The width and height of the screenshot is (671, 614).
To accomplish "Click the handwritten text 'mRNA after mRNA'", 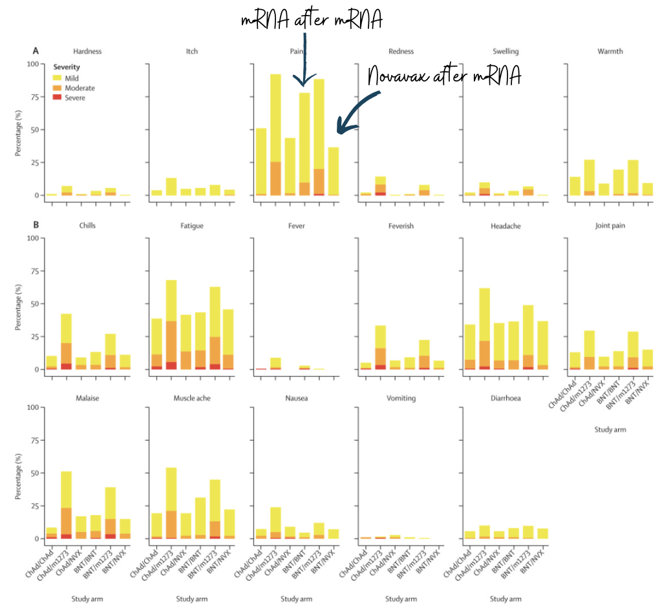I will tap(312, 20).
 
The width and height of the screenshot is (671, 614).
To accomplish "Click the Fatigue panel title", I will tap(192, 226).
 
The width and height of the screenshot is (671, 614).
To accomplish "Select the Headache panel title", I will tap(506, 226).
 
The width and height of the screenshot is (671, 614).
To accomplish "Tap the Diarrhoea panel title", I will tap(506, 398).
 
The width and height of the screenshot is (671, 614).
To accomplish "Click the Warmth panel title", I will tap(610, 52).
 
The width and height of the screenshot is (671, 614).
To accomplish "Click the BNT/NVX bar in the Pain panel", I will tap(333, 171).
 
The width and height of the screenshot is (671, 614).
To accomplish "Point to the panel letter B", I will tap(36, 226).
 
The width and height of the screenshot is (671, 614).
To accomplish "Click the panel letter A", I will tap(36, 50).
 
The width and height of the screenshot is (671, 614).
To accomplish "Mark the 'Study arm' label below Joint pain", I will tap(610, 429).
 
